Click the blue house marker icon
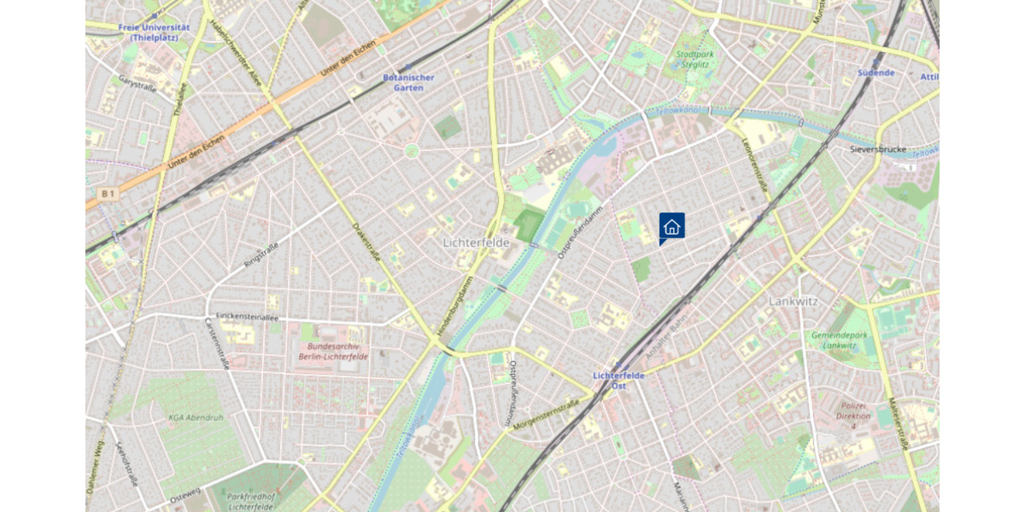671,227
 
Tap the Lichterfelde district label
476,242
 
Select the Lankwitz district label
794,301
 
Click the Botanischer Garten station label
408,82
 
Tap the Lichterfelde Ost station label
619,380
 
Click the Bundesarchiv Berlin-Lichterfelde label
333,351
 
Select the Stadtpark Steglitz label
694,60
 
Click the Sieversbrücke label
877,148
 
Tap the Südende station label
876,73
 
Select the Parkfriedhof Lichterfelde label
239,501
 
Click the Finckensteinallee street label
248,316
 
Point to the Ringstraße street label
261,254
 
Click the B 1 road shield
107,195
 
